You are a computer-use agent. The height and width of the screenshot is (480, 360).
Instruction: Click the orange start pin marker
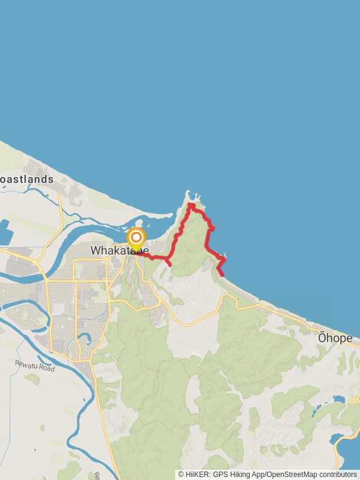[x=136, y=238]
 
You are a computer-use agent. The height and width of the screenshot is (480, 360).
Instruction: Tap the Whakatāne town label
[x=119, y=250]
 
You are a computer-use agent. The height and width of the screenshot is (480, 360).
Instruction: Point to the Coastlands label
[x=26, y=179]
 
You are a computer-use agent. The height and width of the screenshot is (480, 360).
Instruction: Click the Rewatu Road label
[x=35, y=365]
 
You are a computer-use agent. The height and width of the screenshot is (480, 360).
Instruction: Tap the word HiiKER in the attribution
[x=197, y=475]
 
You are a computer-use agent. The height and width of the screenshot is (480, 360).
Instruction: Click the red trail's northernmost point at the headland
[x=190, y=205]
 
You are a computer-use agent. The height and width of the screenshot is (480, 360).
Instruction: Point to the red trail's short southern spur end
[x=170, y=265]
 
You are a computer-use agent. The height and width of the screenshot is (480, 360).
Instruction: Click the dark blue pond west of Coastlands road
[x=5, y=232]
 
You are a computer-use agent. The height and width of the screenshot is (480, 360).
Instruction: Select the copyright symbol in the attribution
[x=181, y=475]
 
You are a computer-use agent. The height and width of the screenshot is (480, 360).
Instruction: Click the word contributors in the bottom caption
[x=338, y=475]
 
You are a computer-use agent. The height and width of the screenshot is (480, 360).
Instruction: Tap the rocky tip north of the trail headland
[x=188, y=194]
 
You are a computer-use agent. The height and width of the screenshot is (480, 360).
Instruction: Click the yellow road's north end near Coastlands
[x=59, y=195]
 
